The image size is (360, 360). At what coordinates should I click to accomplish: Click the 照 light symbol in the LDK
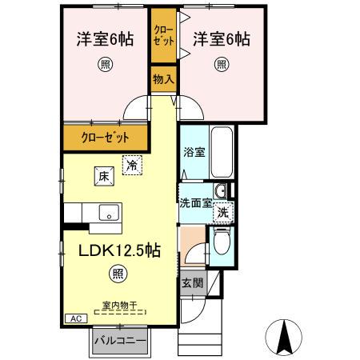click(x=118, y=274)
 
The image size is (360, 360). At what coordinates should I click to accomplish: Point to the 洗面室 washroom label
click(x=194, y=203)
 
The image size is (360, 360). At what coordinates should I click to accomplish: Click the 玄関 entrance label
click(x=192, y=282)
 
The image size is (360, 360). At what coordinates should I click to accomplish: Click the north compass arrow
click(x=283, y=336)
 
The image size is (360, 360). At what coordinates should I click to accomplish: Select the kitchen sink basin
click(x=107, y=213)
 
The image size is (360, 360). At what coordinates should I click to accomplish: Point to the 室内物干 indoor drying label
click(x=119, y=305)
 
